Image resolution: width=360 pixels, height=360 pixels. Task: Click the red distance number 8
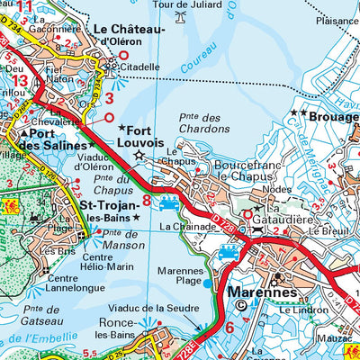147,187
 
